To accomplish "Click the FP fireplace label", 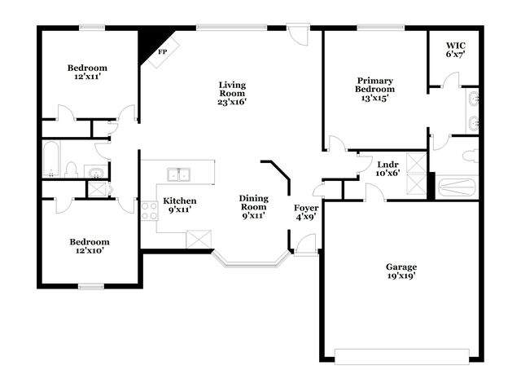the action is pos(163,52).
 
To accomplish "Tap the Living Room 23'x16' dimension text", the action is pos(232,102).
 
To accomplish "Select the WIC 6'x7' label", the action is pos(456,50).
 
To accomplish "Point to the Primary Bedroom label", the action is pos(374,85).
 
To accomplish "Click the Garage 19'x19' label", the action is pos(401,271).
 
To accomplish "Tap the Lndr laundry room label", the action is pos(387,165).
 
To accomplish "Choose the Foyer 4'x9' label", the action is pos(306,212).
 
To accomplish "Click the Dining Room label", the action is pos(254,203).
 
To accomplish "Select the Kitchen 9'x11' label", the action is pos(179,205).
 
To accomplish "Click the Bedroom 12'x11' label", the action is pos(87,73).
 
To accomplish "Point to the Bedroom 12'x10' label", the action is pos(90,246).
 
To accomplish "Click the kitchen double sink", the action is pos(179,174).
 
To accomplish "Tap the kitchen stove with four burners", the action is pos(149,211).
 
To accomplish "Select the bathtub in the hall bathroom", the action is pos(51,160).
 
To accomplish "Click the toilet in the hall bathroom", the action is pos(71,170).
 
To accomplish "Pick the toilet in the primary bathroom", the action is pos(471,156).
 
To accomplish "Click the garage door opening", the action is pos(401,357).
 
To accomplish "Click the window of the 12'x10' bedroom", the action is pos(91,287).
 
